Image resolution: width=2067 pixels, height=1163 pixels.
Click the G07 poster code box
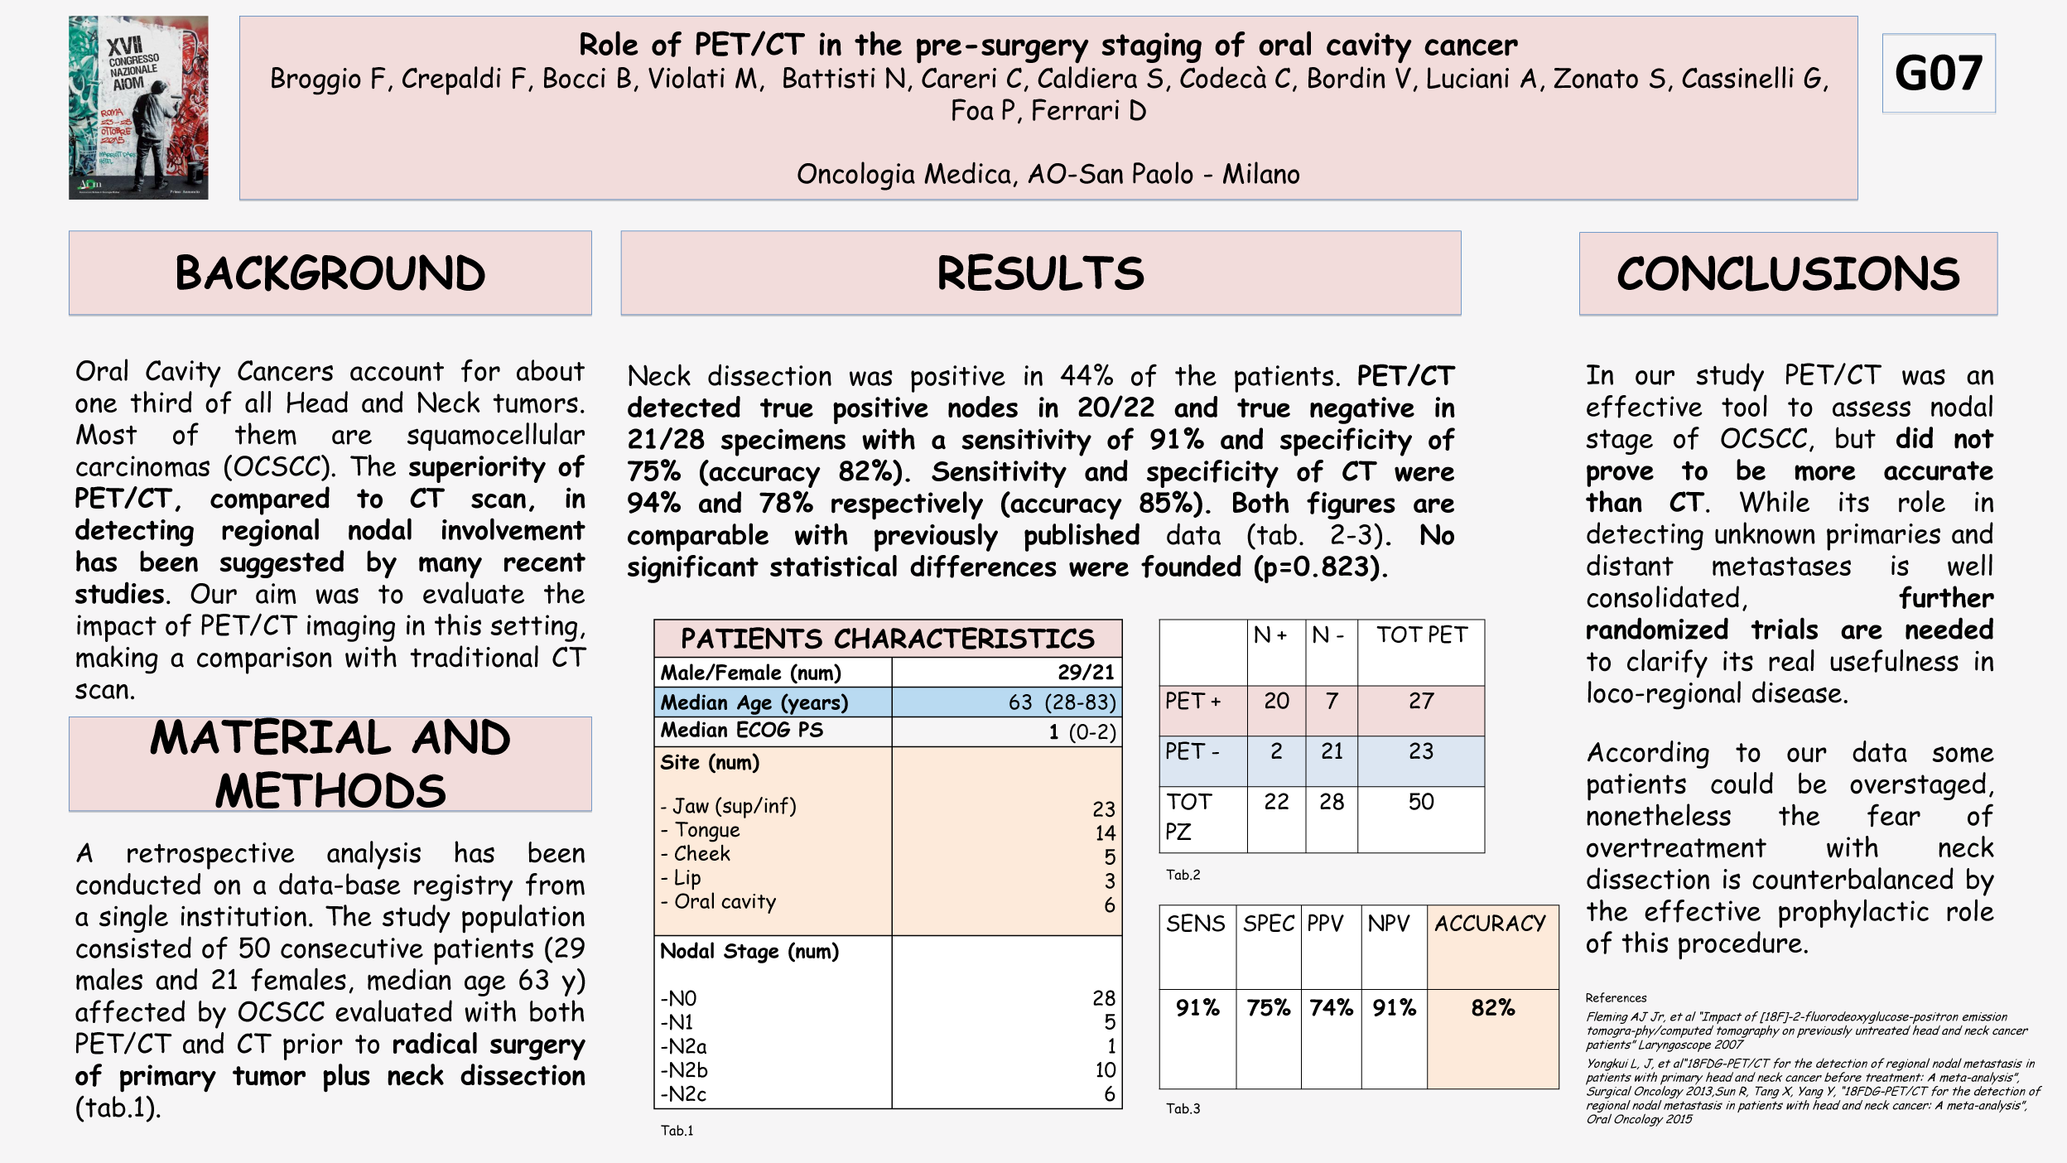(1938, 73)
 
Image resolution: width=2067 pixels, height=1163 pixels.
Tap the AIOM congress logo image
(138, 108)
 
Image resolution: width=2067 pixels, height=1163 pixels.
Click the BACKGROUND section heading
(330, 273)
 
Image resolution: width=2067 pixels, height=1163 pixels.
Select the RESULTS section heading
(1040, 273)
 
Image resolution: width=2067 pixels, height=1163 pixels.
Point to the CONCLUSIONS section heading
(1788, 274)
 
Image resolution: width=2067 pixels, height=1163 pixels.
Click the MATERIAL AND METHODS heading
(330, 764)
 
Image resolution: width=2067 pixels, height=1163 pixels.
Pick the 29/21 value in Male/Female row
(1086, 672)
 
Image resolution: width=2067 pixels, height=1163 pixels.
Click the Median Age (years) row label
(754, 702)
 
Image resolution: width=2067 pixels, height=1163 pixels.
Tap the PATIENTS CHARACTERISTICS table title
(887, 639)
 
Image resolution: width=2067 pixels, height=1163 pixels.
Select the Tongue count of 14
(1105, 832)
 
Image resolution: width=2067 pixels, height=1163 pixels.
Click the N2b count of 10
(1105, 1069)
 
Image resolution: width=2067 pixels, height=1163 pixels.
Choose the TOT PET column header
(1421, 635)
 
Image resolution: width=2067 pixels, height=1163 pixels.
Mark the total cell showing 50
(1421, 802)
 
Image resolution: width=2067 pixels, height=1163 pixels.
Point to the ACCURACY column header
(1490, 924)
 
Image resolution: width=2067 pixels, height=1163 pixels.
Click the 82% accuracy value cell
(1492, 1008)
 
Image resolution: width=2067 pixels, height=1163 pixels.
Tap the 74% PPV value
(1330, 1008)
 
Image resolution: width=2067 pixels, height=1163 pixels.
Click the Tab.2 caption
(1183, 875)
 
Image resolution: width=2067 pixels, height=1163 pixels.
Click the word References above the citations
(1616, 998)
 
